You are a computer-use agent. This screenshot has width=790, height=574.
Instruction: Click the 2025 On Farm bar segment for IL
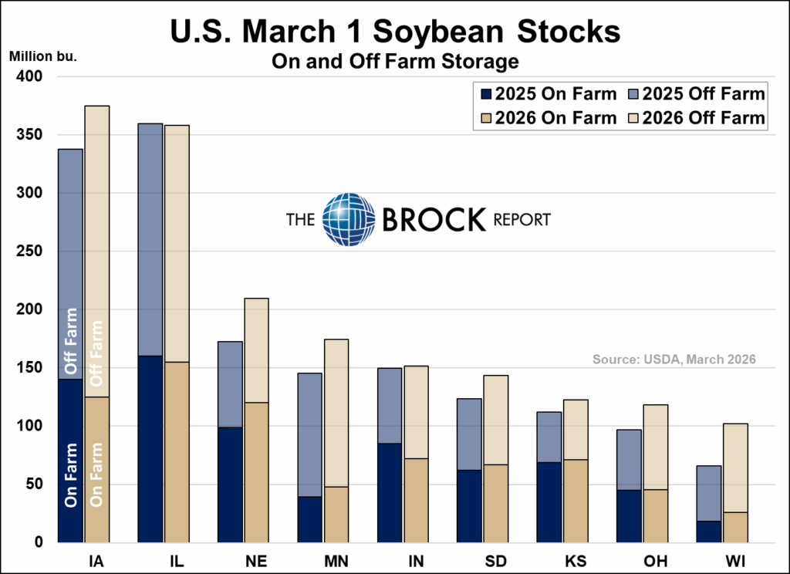click(150, 449)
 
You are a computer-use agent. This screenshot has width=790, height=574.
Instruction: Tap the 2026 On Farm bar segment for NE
click(255, 472)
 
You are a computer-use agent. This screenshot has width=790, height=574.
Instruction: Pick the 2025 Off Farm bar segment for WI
click(709, 493)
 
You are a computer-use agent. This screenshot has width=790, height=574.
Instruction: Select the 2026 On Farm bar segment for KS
click(576, 501)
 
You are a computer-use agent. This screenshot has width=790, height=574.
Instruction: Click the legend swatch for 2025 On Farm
click(486, 95)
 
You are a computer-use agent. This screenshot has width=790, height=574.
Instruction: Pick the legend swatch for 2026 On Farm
click(486, 118)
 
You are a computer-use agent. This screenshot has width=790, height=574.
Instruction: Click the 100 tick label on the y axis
click(32, 426)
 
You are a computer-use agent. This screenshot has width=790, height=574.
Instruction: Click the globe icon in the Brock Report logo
click(348, 220)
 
